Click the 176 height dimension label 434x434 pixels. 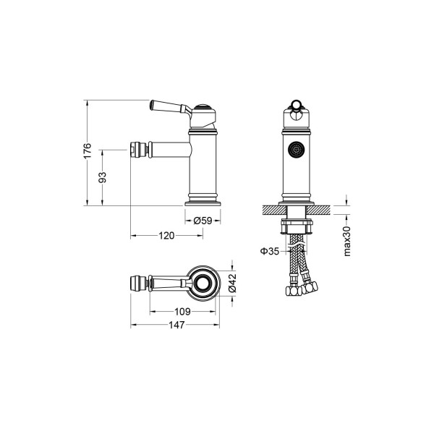click(87, 151)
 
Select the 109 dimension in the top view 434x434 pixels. click(182, 311)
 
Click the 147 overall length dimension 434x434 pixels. click(172, 325)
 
